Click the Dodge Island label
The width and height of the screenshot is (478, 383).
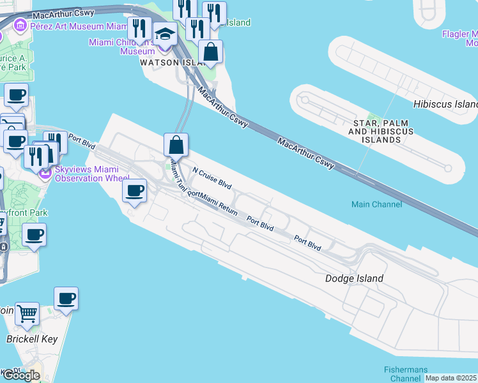[x=354, y=278]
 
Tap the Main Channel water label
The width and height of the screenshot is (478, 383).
[x=376, y=204]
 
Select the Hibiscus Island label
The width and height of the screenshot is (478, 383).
[x=445, y=104]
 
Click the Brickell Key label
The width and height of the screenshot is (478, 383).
[x=32, y=339]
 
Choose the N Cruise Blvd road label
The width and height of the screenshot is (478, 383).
[x=212, y=176]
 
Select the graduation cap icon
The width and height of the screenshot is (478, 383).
[x=166, y=34]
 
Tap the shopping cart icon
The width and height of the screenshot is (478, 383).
[x=27, y=313]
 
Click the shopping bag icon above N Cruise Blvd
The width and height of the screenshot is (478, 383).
[x=176, y=144]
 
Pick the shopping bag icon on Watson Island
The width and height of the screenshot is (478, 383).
[x=210, y=52]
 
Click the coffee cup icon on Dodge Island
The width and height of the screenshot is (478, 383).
[x=135, y=190]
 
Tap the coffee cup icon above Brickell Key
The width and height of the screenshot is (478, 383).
[x=66, y=298]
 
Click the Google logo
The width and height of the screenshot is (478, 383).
[x=21, y=375]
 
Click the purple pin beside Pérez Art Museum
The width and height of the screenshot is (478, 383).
[x=20, y=26]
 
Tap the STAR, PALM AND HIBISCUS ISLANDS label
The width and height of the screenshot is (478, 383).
[x=381, y=131]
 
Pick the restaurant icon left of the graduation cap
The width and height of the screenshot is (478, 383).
[x=138, y=28]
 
